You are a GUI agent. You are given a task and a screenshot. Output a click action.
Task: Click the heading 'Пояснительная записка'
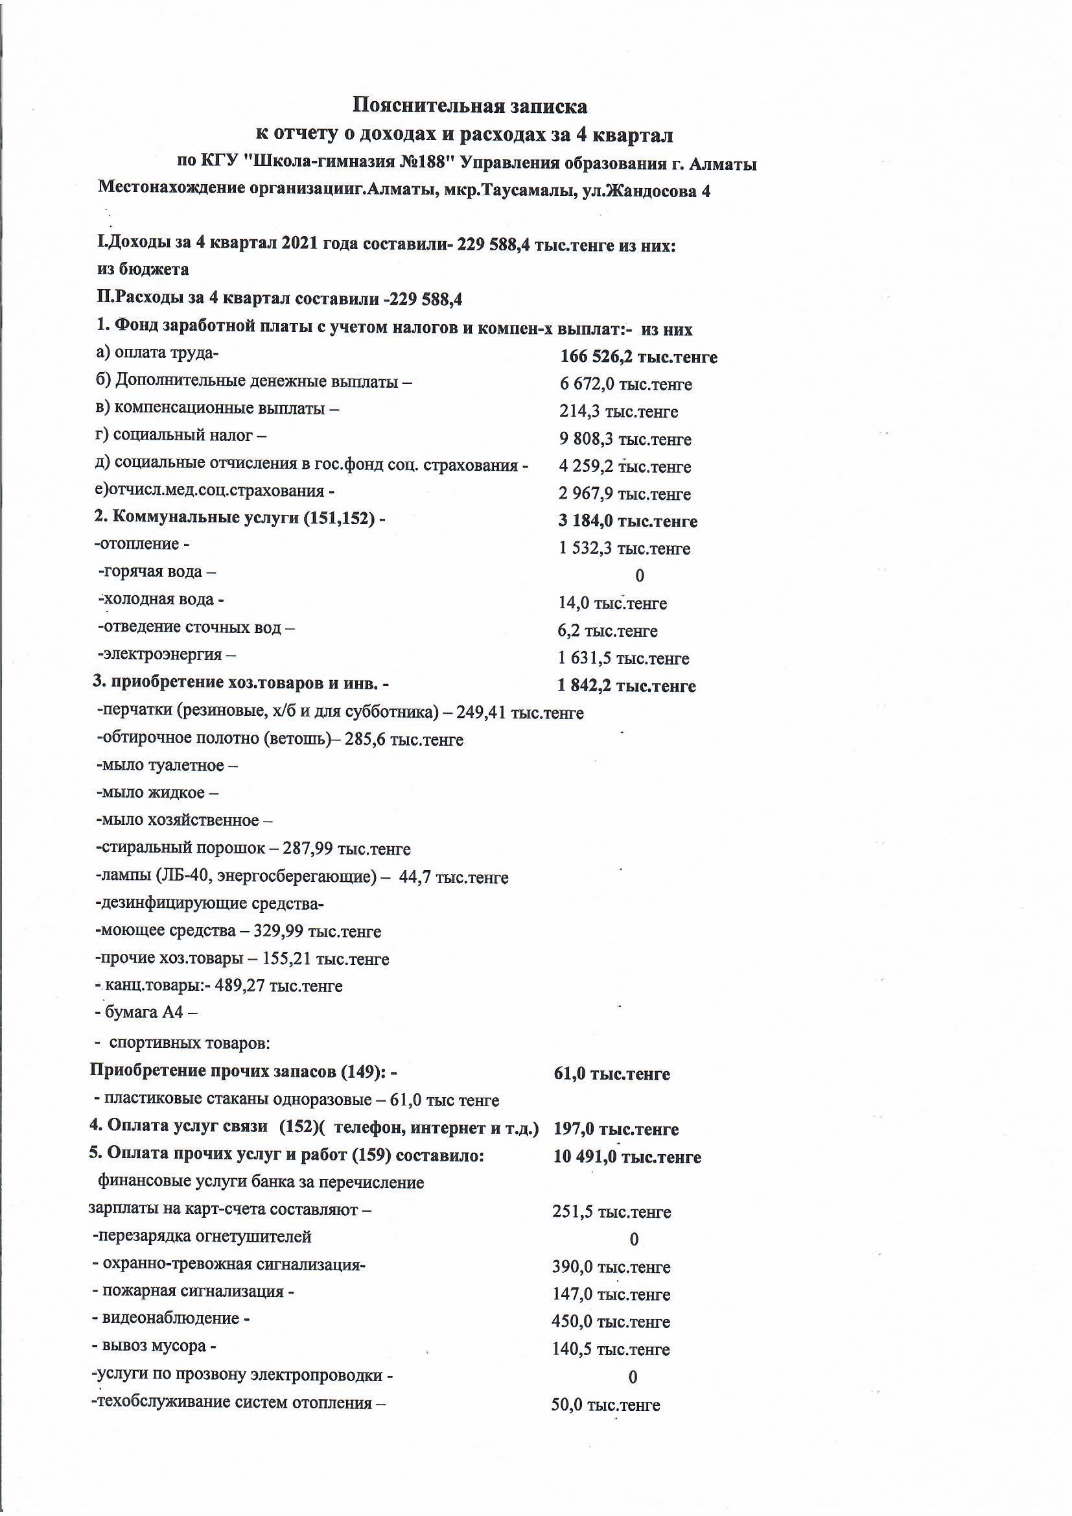click(469, 105)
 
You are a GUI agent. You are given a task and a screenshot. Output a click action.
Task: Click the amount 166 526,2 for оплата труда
click(598, 357)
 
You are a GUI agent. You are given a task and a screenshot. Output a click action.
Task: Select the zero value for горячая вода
click(639, 576)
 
